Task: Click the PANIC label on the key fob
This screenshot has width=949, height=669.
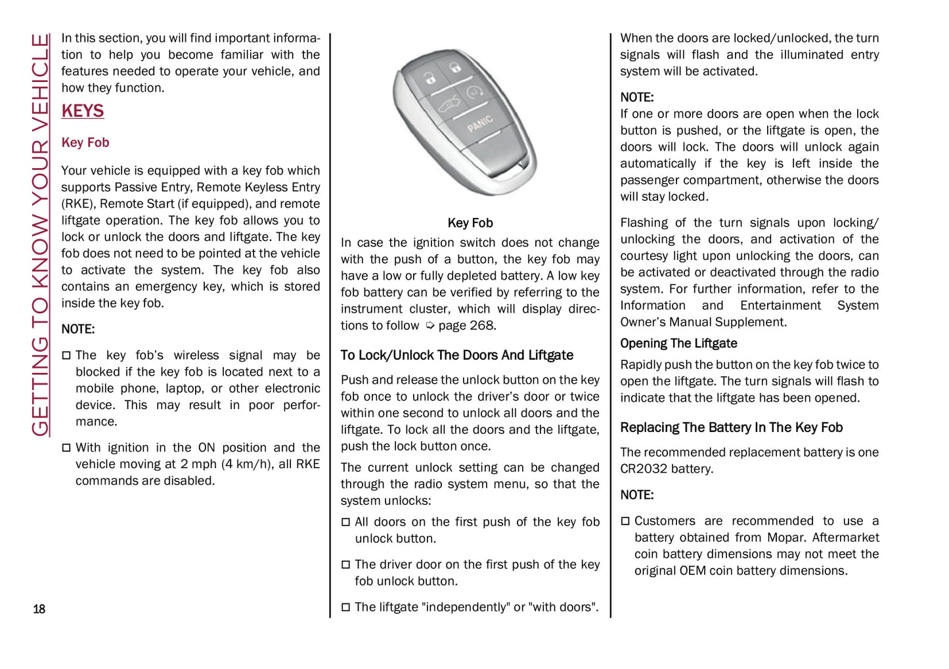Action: [x=480, y=123]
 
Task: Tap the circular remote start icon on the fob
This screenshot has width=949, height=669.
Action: [x=475, y=92]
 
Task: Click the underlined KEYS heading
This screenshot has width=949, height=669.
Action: [x=83, y=111]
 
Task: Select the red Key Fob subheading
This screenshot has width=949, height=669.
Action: [x=85, y=142]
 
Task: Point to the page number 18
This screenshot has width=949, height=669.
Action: [x=39, y=609]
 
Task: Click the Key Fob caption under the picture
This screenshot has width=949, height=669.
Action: [x=470, y=223]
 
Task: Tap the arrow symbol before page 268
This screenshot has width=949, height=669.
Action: [x=430, y=326]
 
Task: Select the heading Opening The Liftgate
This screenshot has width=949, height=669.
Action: [x=678, y=343]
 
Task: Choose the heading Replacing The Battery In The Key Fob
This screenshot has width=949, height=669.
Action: [x=731, y=427]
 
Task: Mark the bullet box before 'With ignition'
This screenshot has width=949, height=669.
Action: [x=66, y=448]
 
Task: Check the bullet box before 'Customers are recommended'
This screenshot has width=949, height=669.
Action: [x=625, y=521]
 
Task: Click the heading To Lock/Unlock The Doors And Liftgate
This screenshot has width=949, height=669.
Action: [x=456, y=355]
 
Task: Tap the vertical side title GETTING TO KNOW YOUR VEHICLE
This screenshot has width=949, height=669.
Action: [x=40, y=235]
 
